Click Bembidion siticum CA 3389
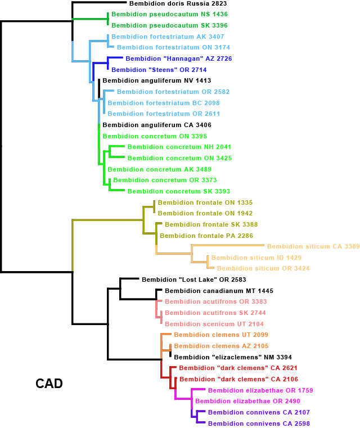(x=313, y=246)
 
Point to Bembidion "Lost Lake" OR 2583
(x=194, y=280)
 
